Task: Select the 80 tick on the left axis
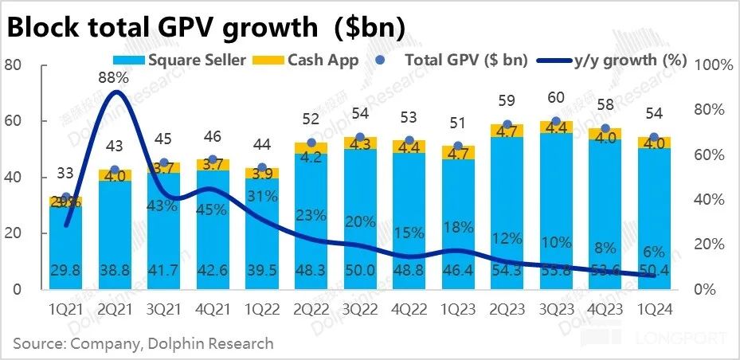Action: (x=13, y=65)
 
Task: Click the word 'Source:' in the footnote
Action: (x=37, y=344)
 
